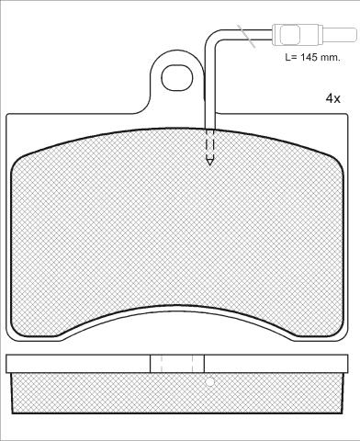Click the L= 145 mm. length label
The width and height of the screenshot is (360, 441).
[312, 57]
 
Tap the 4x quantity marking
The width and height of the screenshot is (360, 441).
[332, 98]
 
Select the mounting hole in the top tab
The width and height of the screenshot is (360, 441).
[177, 77]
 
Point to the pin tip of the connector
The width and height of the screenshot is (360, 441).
[355, 33]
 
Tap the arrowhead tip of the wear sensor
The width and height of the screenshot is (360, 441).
[209, 164]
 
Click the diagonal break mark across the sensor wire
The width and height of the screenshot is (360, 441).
[246, 37]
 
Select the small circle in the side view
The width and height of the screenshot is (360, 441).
[210, 382]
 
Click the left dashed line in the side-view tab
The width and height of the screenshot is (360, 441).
[162, 364]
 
